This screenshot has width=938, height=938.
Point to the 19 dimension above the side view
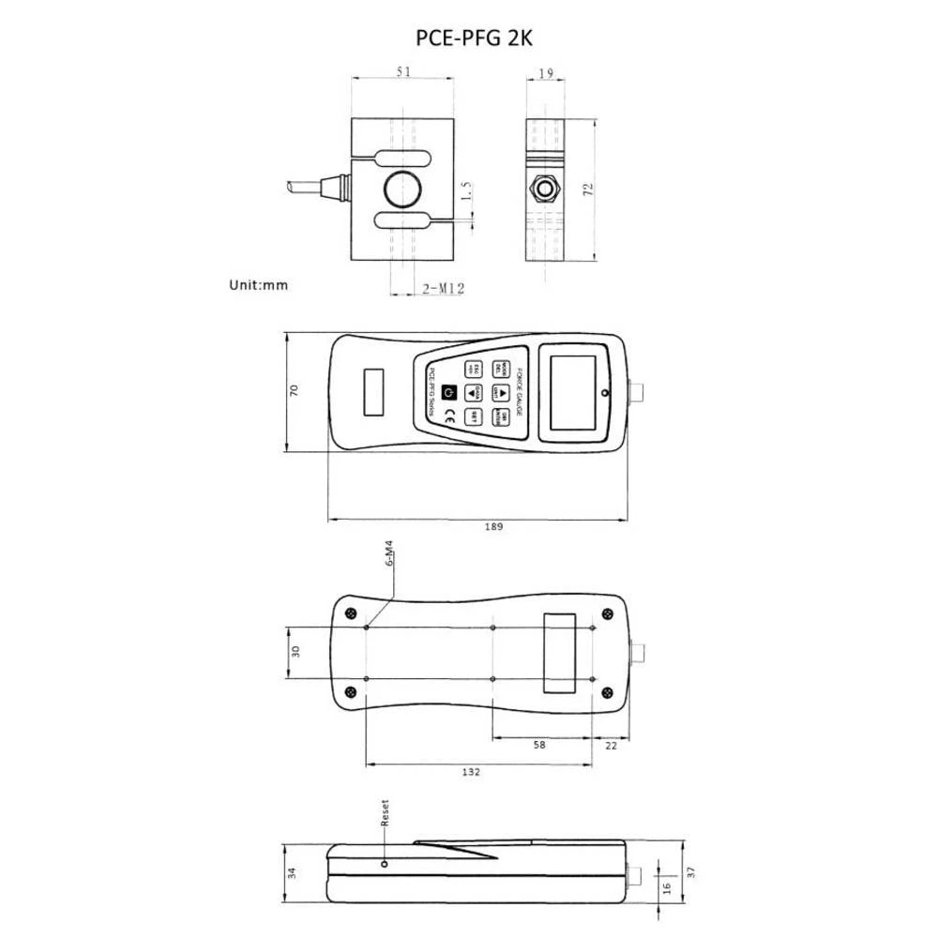click(547, 72)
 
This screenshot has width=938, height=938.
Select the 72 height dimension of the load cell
click(588, 189)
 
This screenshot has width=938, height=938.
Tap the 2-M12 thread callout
click(443, 290)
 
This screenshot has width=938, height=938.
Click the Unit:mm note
click(258, 284)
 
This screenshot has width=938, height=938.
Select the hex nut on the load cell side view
click(545, 188)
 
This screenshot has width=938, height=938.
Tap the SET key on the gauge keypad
click(475, 416)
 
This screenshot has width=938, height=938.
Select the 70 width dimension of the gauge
click(294, 390)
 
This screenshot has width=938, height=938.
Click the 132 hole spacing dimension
click(472, 772)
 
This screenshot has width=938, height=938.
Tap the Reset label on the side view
click(384, 812)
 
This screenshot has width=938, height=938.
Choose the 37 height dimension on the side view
click(691, 871)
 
